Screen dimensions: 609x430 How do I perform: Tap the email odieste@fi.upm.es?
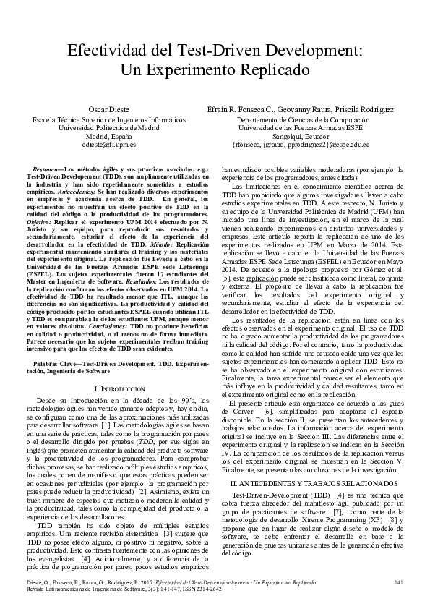click(108, 144)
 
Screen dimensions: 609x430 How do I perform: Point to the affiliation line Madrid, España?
click(108, 135)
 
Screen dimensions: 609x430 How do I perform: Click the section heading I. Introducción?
click(109, 389)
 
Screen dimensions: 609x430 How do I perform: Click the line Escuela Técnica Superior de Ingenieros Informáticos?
click(108, 118)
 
